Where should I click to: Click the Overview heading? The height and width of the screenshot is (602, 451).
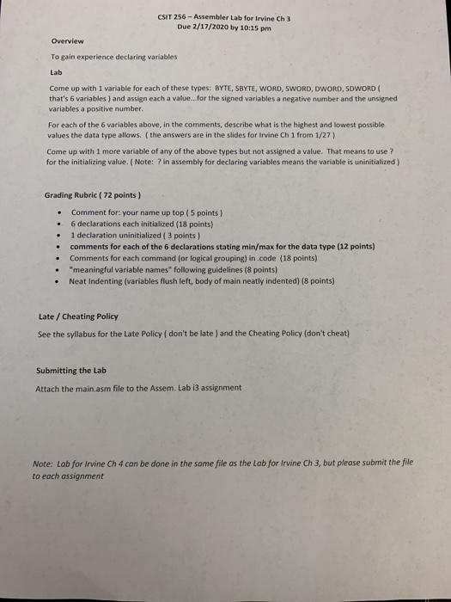pyautogui.click(x=67, y=40)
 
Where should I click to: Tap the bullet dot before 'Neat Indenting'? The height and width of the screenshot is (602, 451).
pyautogui.click(x=57, y=280)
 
